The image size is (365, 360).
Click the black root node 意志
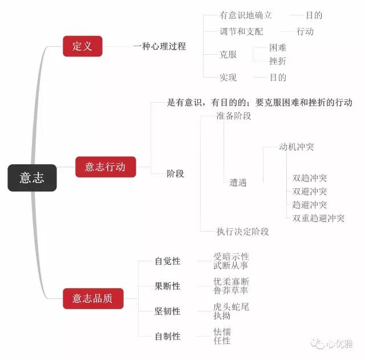32,178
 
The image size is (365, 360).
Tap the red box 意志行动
106,167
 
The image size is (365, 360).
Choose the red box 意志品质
92,298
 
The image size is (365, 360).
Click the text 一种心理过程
159,47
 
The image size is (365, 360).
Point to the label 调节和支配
241,31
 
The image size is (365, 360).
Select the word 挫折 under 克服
278,61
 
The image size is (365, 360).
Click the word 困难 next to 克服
278,48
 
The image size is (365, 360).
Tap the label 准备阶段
234,116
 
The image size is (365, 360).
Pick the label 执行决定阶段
242,232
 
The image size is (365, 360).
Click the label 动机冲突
297,147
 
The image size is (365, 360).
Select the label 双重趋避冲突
318,219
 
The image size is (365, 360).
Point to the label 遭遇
238,183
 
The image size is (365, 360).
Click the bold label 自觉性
168,261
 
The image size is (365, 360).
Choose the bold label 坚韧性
168,312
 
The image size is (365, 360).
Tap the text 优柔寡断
231,282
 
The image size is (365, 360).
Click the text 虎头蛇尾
231,307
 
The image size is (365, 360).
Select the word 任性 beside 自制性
222,341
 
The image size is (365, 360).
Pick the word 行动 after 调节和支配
305,31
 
